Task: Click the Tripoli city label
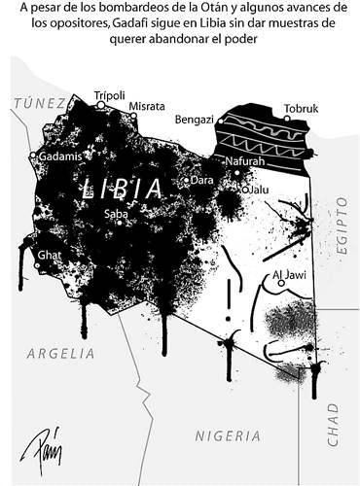point(109,94)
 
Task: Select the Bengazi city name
point(194,119)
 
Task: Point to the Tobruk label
point(301,109)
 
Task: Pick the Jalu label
point(256,190)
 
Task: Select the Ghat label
point(50,255)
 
